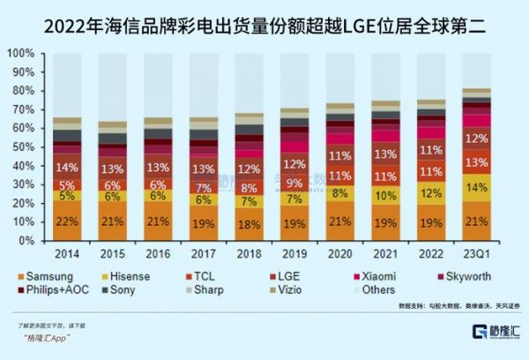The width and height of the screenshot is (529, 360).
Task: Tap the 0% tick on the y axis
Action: (x=26, y=240)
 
